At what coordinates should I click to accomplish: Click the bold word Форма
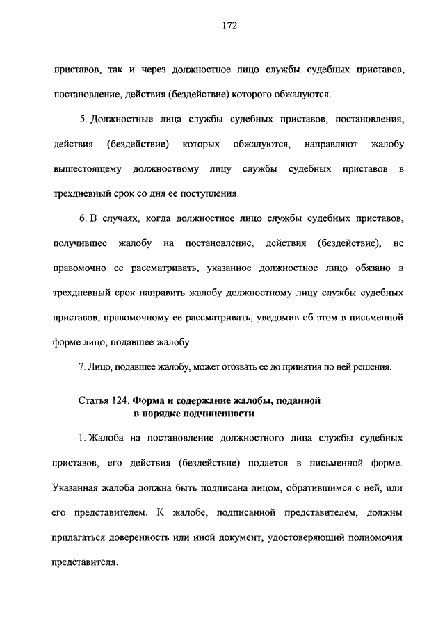pyautogui.click(x=149, y=401)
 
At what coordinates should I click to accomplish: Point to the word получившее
pyautogui.click(x=79, y=243)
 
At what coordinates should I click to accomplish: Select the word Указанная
pyautogui.click(x=75, y=488)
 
